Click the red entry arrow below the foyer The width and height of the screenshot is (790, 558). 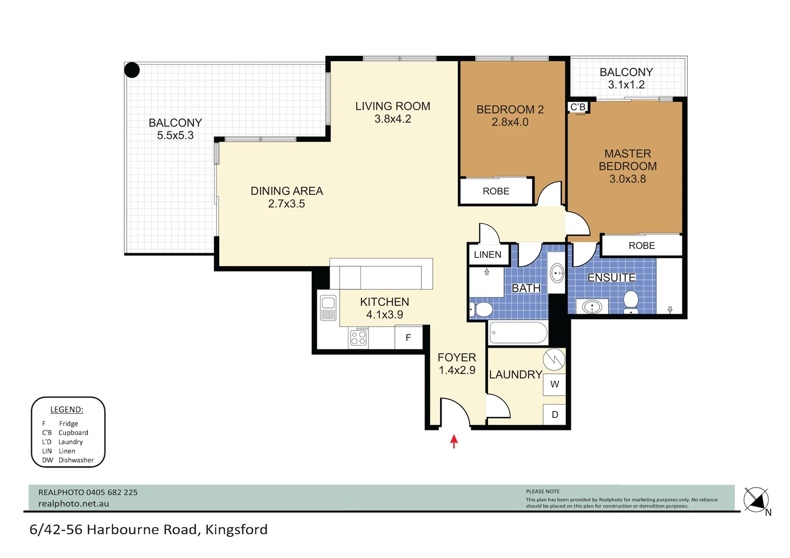pyautogui.click(x=454, y=441)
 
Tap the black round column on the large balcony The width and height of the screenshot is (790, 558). pyautogui.click(x=132, y=70)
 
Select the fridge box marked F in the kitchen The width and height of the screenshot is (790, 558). pyautogui.click(x=408, y=338)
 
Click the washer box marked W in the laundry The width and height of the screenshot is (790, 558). pyautogui.click(x=554, y=384)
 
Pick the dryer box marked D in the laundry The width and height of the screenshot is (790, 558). pyautogui.click(x=554, y=414)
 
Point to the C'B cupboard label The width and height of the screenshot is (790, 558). pyautogui.click(x=578, y=107)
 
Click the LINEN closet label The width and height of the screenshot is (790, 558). pyautogui.click(x=488, y=255)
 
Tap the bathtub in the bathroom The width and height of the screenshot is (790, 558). pyautogui.click(x=518, y=332)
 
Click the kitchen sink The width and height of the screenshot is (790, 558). pyautogui.click(x=328, y=308)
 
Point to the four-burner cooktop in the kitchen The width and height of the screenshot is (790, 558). pyautogui.click(x=358, y=337)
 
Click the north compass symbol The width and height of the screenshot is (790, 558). pyautogui.click(x=756, y=500)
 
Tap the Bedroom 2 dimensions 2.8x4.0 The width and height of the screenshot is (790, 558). pyautogui.click(x=510, y=122)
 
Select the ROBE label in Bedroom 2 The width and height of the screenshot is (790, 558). pyautogui.click(x=496, y=191)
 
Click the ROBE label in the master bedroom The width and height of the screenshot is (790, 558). pyautogui.click(x=642, y=246)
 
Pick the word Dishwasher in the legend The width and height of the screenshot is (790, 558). pyautogui.click(x=76, y=460)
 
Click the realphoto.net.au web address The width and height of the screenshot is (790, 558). pyautogui.click(x=74, y=503)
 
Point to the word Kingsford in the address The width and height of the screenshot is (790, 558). pyautogui.click(x=236, y=530)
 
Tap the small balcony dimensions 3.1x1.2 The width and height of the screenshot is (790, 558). pyautogui.click(x=626, y=85)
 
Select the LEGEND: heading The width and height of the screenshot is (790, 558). pyautogui.click(x=67, y=410)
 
